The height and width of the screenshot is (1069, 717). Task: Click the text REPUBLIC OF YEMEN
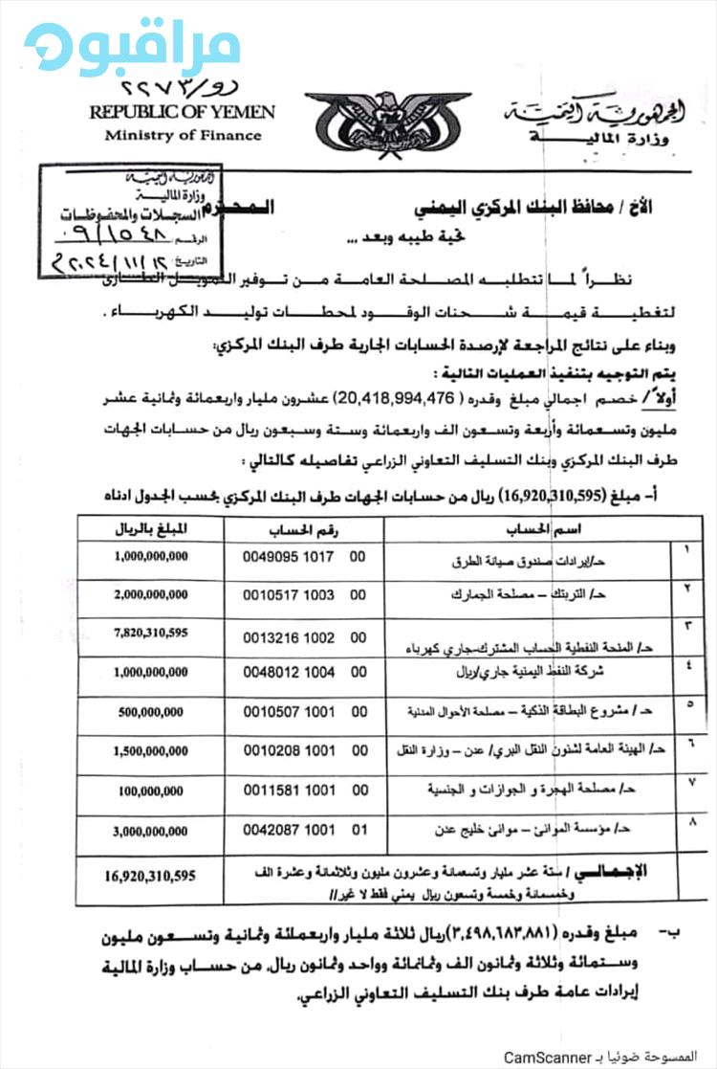pos(182,112)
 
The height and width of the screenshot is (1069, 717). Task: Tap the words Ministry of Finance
pos(183,135)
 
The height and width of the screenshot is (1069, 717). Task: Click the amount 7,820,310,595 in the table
pos(150,633)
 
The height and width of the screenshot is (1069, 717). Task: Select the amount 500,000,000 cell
pos(152,713)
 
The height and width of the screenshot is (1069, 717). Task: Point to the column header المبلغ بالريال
pos(152,528)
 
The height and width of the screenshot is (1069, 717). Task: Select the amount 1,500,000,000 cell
pos(151,752)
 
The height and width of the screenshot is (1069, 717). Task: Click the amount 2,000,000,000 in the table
pos(151,594)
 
